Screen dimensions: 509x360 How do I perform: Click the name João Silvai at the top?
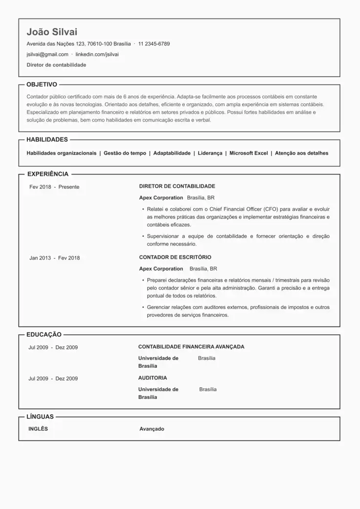[52, 32]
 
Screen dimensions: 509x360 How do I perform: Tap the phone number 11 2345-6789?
[154, 44]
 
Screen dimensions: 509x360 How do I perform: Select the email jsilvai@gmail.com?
[47, 54]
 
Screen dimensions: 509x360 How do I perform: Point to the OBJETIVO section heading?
[42, 84]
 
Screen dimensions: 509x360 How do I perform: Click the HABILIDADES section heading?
[47, 139]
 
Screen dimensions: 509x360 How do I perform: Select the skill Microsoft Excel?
[248, 153]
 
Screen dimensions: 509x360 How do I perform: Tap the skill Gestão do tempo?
[125, 153]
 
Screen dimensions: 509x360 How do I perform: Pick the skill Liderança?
[210, 153]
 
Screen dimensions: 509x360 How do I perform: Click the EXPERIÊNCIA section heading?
[48, 174]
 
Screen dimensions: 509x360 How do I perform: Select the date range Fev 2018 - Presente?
[54, 187]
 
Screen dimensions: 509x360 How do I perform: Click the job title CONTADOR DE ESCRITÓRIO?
[175, 257]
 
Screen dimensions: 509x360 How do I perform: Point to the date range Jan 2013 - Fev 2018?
[54, 258]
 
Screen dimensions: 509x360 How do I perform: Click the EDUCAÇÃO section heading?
[44, 334]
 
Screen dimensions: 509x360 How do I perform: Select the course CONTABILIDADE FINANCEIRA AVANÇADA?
[191, 347]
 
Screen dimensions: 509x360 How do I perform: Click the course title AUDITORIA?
[153, 378]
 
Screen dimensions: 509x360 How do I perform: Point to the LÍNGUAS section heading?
[40, 417]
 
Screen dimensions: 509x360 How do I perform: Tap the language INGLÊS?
[38, 429]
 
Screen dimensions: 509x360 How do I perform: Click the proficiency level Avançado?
[152, 429]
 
